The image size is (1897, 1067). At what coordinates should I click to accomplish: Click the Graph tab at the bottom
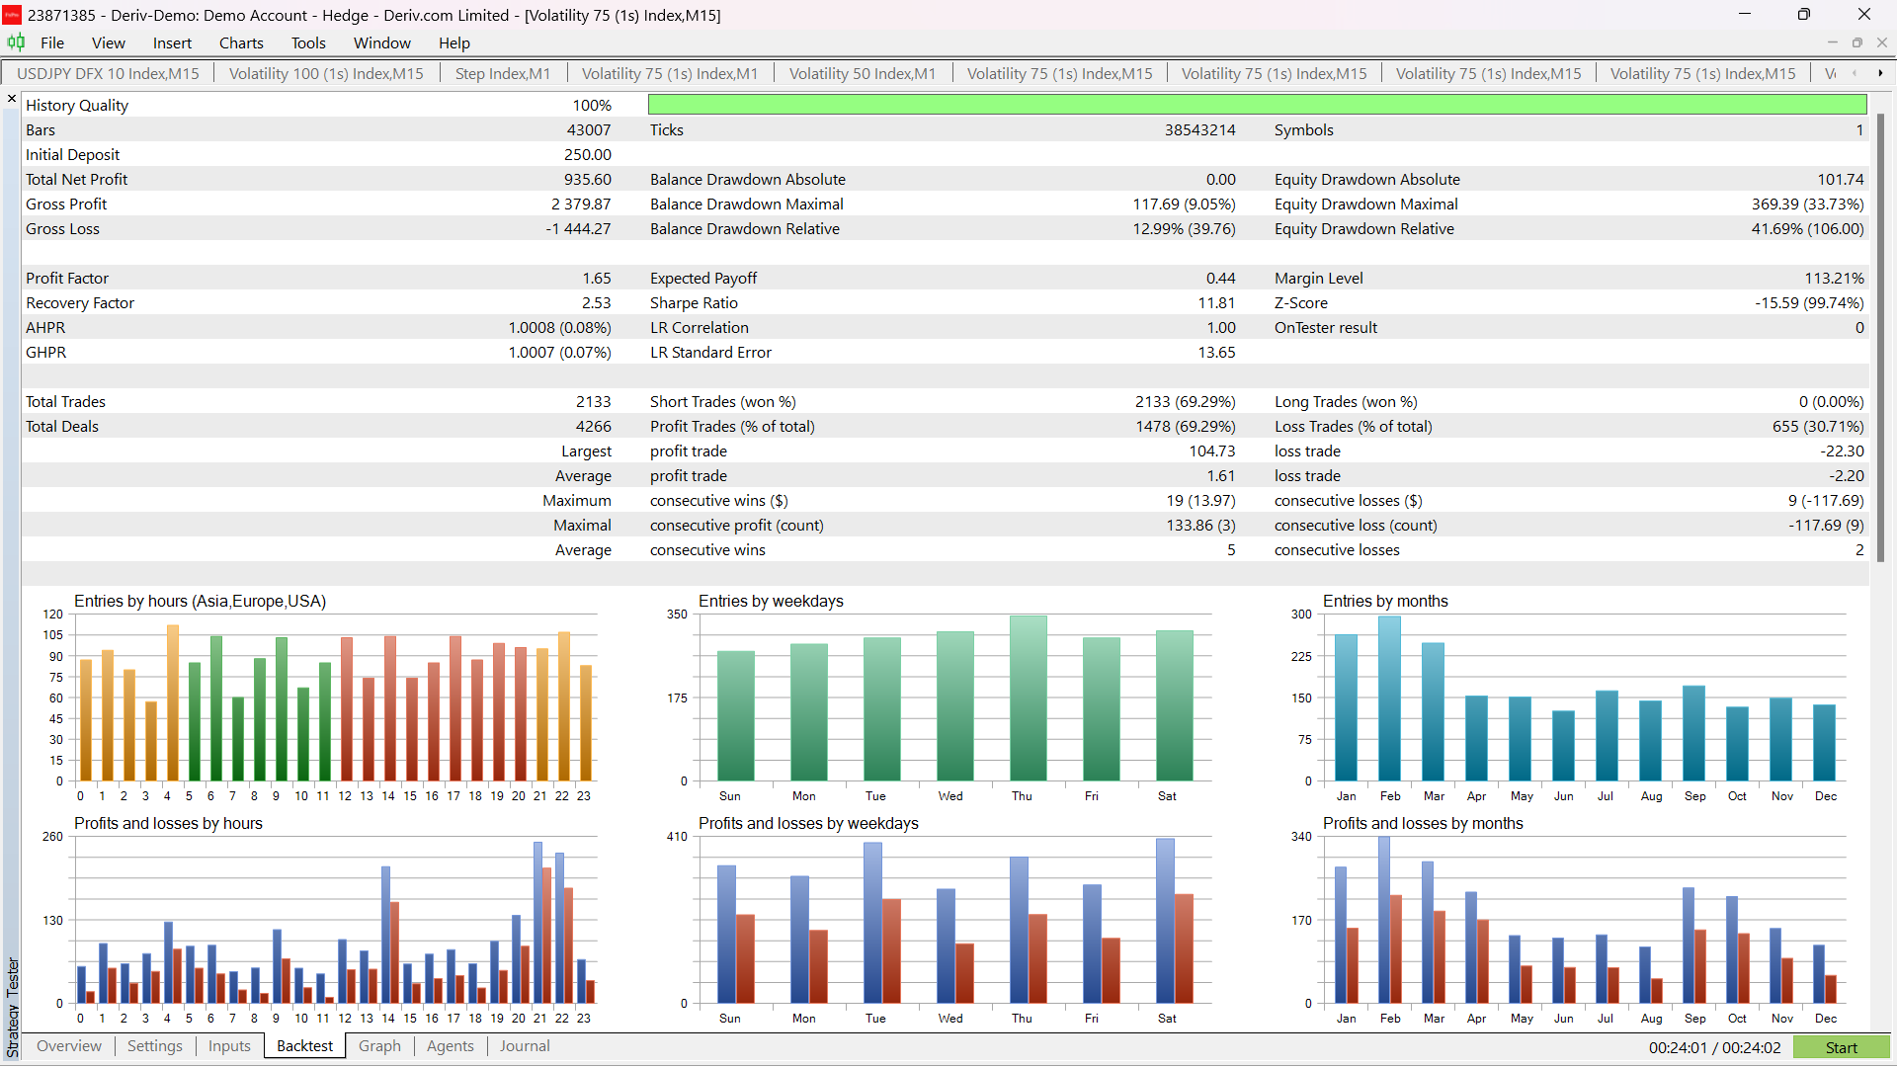[x=379, y=1046]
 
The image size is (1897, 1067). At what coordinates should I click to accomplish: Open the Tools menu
[x=308, y=42]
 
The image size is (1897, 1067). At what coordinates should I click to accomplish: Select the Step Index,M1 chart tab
[x=503, y=73]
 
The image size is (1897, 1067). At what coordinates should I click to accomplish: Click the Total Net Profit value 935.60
[x=588, y=179]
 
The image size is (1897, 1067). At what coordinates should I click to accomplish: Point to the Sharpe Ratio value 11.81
[x=1217, y=302]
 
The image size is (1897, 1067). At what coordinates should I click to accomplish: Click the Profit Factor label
[x=67, y=278]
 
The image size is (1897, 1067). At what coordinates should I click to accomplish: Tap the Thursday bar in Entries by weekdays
[x=1029, y=698]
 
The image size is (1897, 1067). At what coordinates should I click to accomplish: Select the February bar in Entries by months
[x=1390, y=698]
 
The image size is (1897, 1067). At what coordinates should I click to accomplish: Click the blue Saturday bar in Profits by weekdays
[x=1165, y=921]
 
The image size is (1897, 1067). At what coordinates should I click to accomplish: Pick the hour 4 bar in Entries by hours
[x=173, y=702]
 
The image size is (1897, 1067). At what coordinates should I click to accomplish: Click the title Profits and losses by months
[x=1423, y=823]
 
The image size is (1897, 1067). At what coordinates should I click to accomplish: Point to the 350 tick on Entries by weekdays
[x=677, y=615]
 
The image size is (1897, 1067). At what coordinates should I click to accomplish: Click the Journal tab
[x=525, y=1046]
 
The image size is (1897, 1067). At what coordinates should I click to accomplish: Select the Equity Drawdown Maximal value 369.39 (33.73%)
[x=1807, y=204]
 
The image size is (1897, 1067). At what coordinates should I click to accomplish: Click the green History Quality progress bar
[x=1257, y=105]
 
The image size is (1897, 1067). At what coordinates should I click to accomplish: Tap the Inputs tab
[x=229, y=1046]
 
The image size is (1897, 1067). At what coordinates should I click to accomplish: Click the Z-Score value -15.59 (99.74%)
[x=1809, y=302]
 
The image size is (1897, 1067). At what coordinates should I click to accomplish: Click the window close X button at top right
[x=1864, y=14]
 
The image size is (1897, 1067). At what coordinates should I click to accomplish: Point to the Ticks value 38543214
[x=1199, y=129]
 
